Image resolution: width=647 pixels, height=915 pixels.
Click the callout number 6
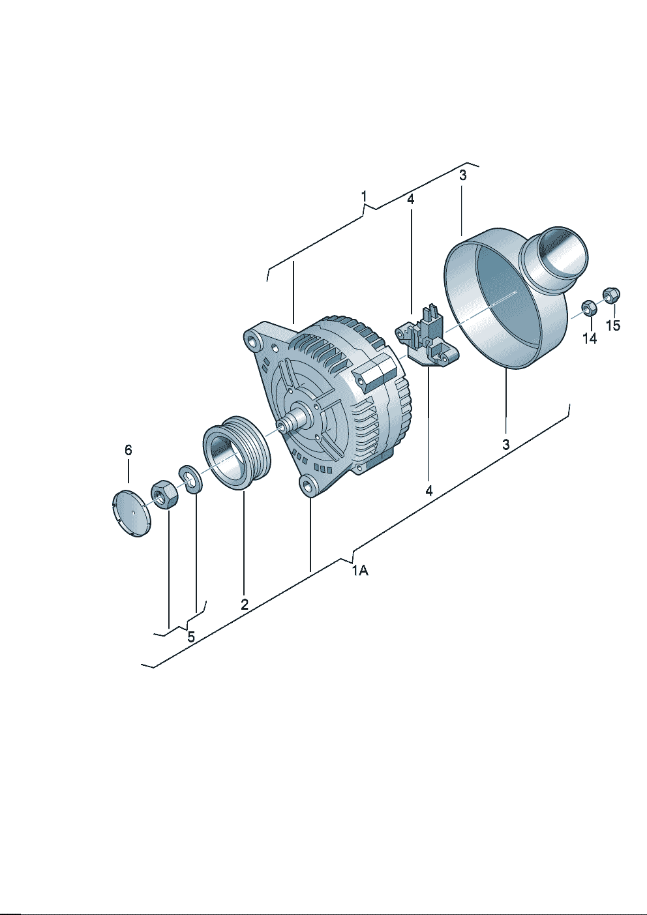click(128, 450)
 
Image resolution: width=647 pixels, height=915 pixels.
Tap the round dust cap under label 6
click(132, 513)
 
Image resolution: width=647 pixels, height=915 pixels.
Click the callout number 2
click(245, 604)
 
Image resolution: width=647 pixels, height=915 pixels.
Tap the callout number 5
click(191, 637)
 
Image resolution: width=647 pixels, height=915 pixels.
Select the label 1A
click(360, 570)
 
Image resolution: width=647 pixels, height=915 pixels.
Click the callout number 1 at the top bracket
click(364, 196)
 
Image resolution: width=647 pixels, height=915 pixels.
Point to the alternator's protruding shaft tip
click(281, 426)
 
